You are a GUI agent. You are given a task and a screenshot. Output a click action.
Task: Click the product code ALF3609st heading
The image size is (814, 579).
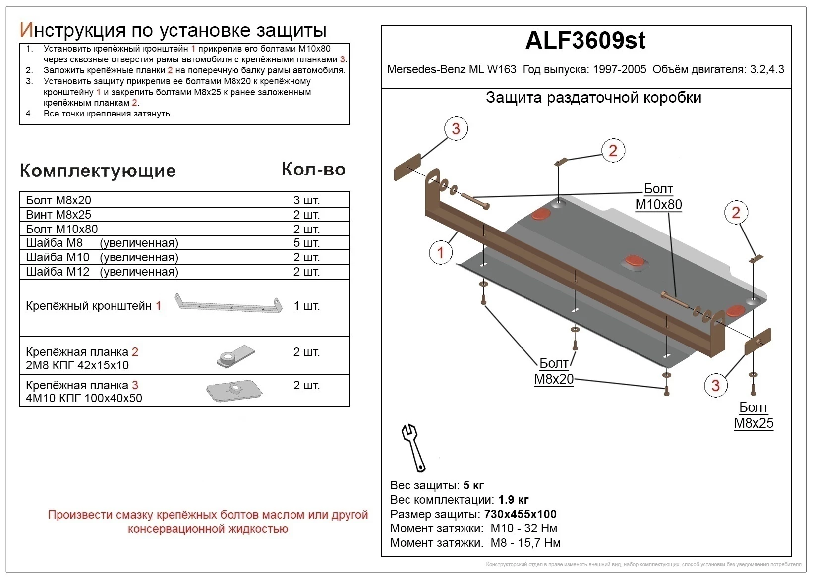[585, 41]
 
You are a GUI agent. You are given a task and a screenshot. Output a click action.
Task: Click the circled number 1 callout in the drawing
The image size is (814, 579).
[440, 252]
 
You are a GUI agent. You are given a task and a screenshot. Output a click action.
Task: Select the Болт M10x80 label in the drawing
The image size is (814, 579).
[658, 197]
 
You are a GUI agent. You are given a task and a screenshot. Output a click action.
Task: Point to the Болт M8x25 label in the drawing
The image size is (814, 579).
[754, 415]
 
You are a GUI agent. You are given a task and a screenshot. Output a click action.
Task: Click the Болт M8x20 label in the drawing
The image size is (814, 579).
[554, 371]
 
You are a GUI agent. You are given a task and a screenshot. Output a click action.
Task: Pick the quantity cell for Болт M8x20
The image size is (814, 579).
[306, 200]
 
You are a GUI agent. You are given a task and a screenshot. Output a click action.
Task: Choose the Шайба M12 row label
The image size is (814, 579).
[102, 272]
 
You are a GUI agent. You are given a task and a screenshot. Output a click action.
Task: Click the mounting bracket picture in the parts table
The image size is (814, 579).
[229, 304]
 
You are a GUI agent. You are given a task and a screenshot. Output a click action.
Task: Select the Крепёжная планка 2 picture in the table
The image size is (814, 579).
[236, 355]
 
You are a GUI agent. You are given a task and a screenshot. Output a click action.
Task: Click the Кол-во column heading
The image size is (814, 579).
[313, 170]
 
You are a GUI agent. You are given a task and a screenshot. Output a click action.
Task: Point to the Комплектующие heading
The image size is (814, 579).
[98, 171]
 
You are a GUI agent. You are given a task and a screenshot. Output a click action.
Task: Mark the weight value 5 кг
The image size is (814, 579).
[473, 485]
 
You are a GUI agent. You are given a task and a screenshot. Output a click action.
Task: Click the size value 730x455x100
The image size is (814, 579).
[520, 514]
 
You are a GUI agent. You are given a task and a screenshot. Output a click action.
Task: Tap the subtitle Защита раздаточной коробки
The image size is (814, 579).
[593, 98]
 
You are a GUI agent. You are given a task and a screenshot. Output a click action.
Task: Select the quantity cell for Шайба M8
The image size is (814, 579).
[306, 243]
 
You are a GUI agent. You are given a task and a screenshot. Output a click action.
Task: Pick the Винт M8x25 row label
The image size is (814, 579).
[58, 215]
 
